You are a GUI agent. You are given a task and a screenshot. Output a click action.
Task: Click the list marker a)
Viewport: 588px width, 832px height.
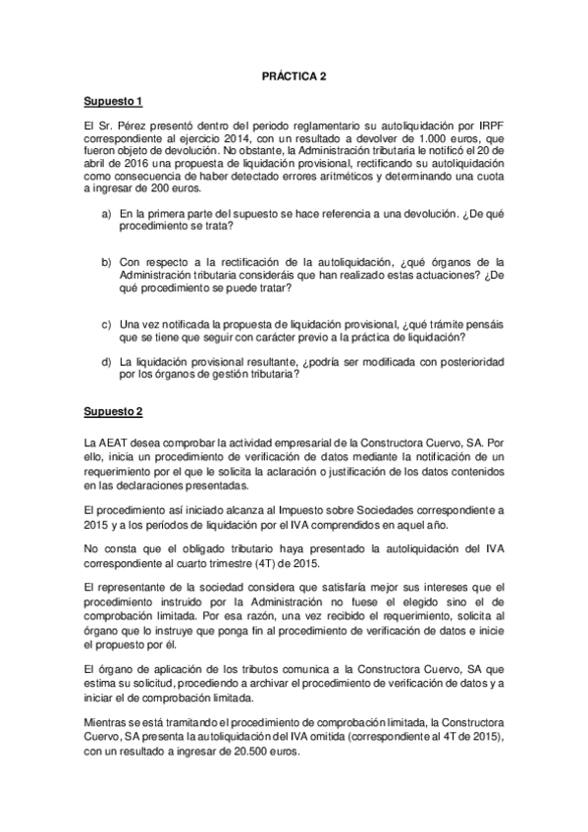105,213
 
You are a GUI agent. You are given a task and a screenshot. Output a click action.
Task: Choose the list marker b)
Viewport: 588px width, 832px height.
105,263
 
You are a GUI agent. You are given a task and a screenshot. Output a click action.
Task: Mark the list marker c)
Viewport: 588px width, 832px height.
105,325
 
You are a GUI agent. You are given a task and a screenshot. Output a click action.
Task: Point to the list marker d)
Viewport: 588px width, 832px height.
105,362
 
